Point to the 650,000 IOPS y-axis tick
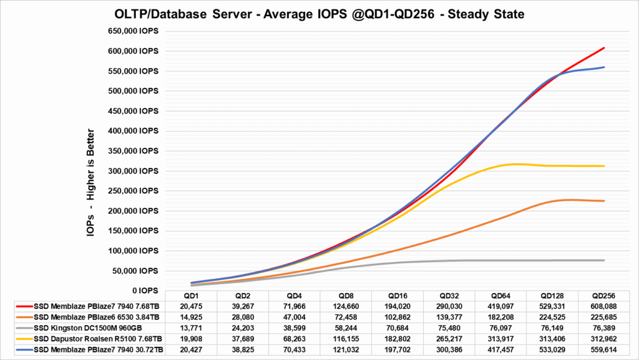[132, 31]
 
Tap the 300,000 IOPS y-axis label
[132, 171]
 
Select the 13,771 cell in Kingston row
[191, 327]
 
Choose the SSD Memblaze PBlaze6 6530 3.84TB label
[89, 317]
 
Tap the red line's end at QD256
[604, 48]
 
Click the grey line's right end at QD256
[604, 260]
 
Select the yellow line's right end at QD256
[604, 166]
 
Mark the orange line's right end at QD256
[604, 201]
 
